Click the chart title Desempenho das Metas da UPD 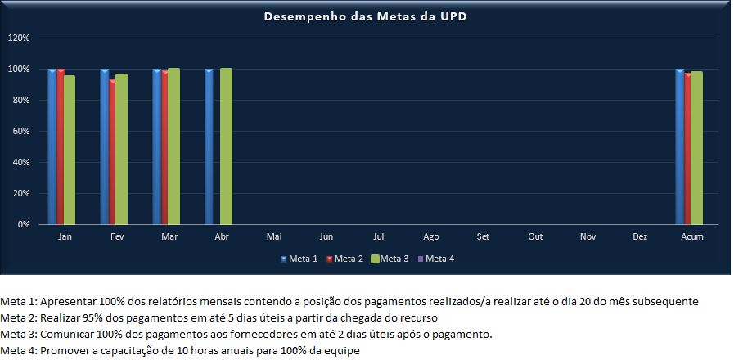(x=365, y=16)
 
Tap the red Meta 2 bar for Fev (x=113, y=151)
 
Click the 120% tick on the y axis (x=19, y=38)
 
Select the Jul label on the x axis (x=379, y=236)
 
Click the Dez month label (x=640, y=236)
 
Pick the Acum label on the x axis (x=692, y=236)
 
